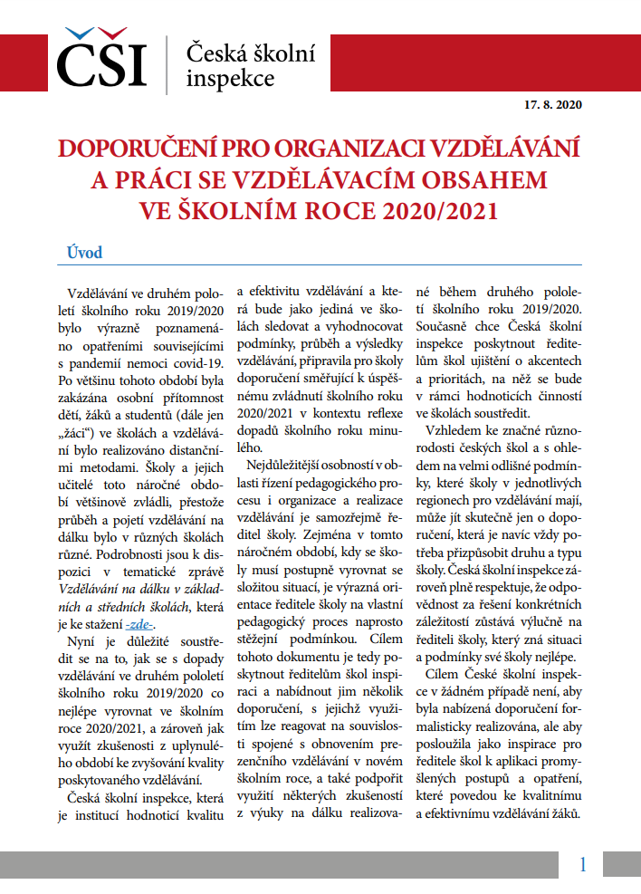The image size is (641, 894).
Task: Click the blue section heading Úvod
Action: pos(85,252)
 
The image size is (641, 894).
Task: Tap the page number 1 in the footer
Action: pos(583,864)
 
